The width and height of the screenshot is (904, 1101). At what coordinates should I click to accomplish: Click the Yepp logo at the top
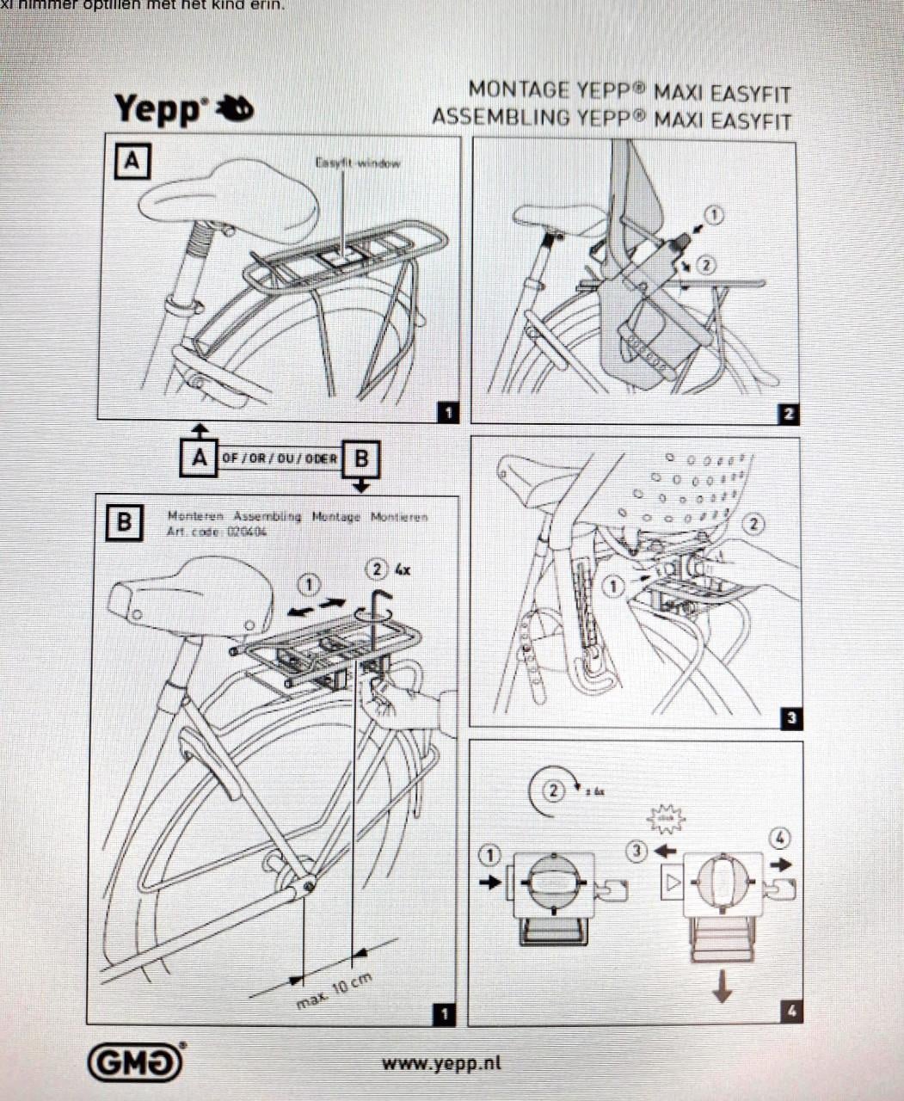point(183,109)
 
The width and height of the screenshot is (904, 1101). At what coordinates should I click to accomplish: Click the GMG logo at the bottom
point(136,1063)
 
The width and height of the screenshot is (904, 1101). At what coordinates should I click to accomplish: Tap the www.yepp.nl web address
point(441,1063)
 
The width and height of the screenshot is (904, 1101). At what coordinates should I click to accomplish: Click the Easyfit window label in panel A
point(357,163)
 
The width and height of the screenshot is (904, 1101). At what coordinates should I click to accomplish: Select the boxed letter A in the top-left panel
point(132,161)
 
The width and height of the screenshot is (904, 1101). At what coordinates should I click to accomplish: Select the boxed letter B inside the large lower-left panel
point(124,521)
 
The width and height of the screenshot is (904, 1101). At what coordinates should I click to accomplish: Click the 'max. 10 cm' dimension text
point(335,992)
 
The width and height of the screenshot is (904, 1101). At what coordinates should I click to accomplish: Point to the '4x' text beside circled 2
point(402,569)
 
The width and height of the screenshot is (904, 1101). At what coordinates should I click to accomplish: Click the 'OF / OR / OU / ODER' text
point(280,458)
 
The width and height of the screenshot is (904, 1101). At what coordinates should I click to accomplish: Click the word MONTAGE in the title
point(519,90)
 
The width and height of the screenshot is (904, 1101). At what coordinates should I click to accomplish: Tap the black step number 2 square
point(788,414)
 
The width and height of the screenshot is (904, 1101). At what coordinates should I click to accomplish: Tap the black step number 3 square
point(790,718)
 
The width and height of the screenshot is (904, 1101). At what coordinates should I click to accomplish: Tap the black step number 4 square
point(791,1012)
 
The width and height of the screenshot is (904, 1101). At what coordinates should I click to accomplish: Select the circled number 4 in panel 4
point(780,837)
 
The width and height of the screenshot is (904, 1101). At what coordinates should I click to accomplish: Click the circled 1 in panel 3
point(612,587)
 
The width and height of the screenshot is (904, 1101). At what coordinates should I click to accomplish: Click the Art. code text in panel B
point(217,532)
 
